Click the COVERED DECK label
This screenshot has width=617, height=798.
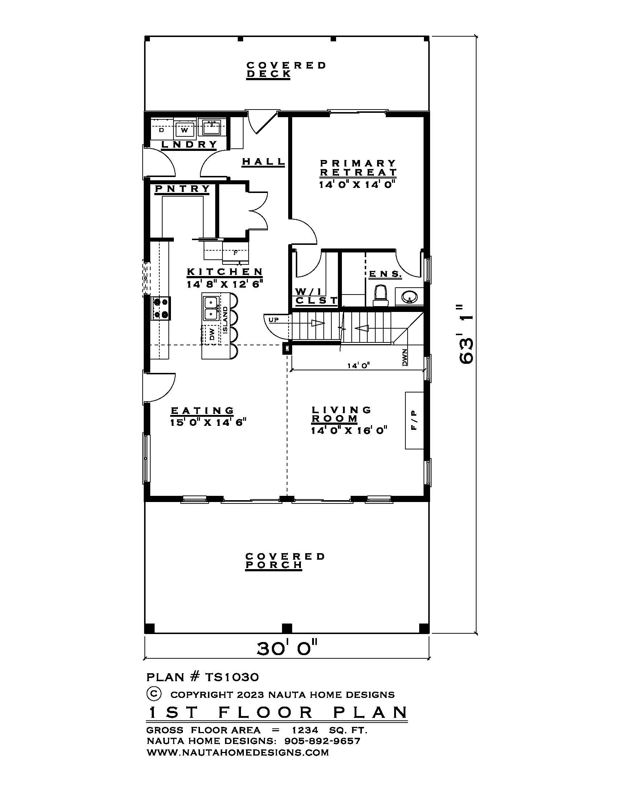point(286,70)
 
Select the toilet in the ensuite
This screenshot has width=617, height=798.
point(380,296)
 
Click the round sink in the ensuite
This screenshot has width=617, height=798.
point(409,296)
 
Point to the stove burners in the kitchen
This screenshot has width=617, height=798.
point(161,308)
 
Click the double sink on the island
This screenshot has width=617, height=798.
point(211,308)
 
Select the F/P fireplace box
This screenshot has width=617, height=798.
point(414,420)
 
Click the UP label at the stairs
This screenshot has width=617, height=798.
point(274,320)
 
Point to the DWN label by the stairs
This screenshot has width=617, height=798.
point(405,357)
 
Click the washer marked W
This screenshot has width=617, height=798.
point(185,129)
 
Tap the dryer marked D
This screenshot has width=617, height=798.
point(162,129)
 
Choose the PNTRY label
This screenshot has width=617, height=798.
point(183,189)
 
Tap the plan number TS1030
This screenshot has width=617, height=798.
point(232,677)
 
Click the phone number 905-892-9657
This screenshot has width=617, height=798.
point(322,741)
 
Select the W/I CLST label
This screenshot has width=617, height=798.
point(315,296)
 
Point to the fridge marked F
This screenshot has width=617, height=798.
point(236,252)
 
